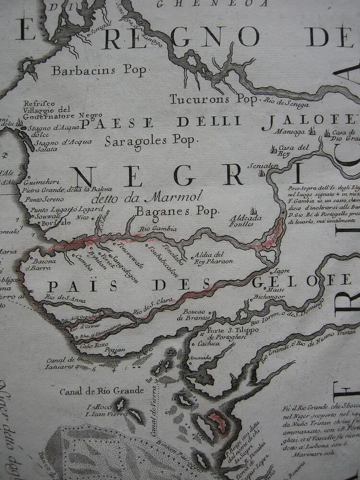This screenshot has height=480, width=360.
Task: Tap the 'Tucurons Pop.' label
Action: [214, 99]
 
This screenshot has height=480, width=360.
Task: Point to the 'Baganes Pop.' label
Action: [177, 210]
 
